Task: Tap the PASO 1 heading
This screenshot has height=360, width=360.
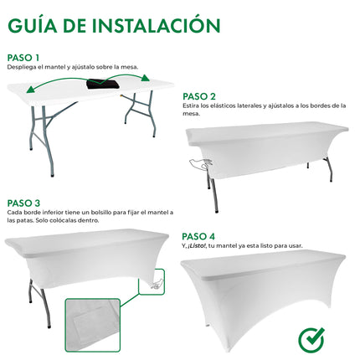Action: click(x=24, y=58)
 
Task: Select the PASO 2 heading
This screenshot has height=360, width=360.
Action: click(x=199, y=96)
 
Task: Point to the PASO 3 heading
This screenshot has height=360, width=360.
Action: click(x=24, y=203)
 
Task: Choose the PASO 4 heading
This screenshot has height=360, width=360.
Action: click(x=199, y=235)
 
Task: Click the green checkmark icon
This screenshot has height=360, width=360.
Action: click(x=312, y=340)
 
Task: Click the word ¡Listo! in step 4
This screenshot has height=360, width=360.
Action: click(x=203, y=246)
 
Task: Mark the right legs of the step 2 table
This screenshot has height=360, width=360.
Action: click(x=327, y=167)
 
